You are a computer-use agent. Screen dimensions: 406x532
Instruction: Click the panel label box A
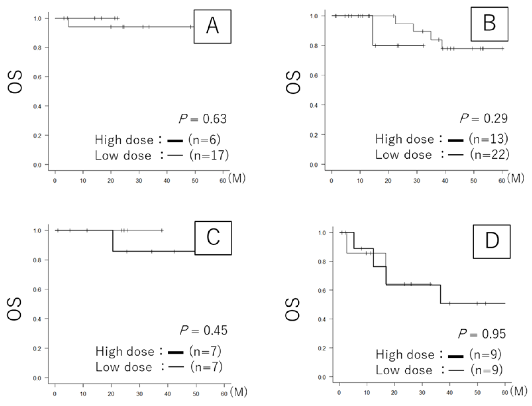[212, 26]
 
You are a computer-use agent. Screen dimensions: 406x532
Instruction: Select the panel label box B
[489, 24]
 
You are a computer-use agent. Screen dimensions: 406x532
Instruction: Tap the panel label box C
[213, 238]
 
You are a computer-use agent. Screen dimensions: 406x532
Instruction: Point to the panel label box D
[492, 242]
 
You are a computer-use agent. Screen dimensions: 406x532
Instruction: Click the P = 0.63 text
[203, 119]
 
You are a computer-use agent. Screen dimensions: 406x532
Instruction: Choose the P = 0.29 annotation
[484, 118]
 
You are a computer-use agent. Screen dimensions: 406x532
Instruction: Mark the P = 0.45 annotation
[204, 330]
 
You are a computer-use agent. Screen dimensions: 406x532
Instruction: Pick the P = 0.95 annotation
[482, 333]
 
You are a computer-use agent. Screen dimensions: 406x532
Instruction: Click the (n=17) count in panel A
[209, 155]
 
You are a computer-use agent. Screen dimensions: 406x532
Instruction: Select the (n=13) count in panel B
[489, 139]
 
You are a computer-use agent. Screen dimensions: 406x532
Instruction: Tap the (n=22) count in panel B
[490, 155]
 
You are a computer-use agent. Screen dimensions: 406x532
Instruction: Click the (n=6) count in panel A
[204, 140]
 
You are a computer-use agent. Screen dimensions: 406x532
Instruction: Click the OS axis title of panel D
[293, 309]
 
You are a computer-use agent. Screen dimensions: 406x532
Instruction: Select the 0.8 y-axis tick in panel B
[313, 46]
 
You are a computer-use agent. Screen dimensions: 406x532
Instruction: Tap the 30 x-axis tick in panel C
[139, 394]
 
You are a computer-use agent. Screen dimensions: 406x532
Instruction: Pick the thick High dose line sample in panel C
[176, 352]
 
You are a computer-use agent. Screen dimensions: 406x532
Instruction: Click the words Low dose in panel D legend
[404, 370]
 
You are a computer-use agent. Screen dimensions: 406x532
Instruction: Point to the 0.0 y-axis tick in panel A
[37, 165]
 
